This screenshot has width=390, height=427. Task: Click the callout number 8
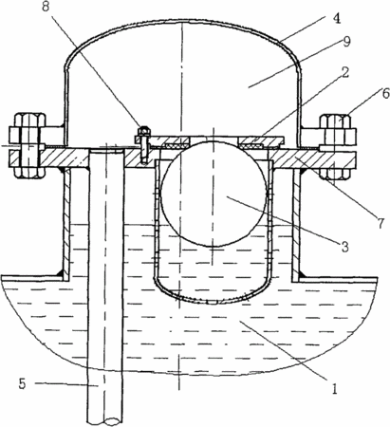pyautogui.click(x=46, y=7)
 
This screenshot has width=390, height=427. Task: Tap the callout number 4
pyautogui.click(x=337, y=18)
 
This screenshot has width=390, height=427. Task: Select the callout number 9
pyautogui.click(x=347, y=42)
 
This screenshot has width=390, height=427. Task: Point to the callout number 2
pyautogui.click(x=345, y=72)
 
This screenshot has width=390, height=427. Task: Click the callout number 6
pyautogui.click(x=384, y=94)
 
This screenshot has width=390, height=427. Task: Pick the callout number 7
pyautogui.click(x=381, y=224)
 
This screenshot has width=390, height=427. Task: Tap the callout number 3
pyautogui.click(x=344, y=246)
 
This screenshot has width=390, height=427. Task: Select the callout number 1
pyautogui.click(x=335, y=388)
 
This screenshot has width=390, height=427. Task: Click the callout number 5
pyautogui.click(x=22, y=383)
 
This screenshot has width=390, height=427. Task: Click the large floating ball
pyautogui.click(x=214, y=194)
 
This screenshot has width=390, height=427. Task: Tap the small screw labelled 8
pyautogui.click(x=144, y=144)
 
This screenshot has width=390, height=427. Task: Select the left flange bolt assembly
pyautogui.click(x=28, y=145)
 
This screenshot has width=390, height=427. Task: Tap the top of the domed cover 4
pyautogui.click(x=183, y=21)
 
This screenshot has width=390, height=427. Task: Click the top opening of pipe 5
pyautogui.click(x=105, y=151)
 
